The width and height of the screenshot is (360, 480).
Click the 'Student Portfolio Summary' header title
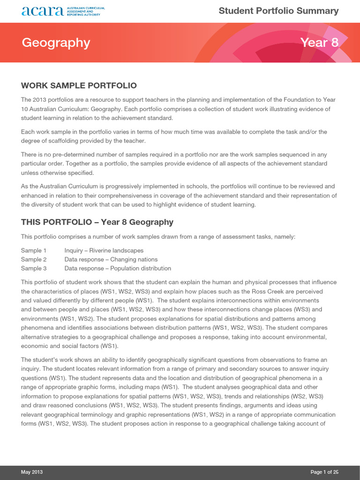278,11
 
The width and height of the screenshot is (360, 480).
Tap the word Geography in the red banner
56,43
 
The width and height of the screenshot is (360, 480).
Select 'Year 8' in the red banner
319,43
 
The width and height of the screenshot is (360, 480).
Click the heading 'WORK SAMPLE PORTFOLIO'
79,85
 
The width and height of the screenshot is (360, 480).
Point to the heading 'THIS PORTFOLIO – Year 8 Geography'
97,222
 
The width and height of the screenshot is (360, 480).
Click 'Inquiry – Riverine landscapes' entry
104,250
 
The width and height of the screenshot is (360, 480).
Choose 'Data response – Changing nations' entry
111,259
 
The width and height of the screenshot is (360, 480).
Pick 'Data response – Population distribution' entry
118,268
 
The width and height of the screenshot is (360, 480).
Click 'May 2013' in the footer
32,472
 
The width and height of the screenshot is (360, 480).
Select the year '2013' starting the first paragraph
40,100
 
